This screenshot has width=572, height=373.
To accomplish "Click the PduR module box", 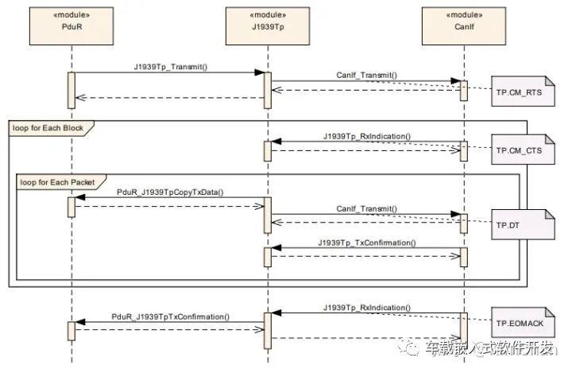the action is pyautogui.click(x=71, y=26).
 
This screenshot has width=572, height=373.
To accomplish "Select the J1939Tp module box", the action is pyautogui.click(x=268, y=26).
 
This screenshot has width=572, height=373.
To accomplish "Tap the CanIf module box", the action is pyautogui.click(x=464, y=26).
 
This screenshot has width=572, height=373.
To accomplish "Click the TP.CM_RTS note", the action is pyautogui.click(x=523, y=91).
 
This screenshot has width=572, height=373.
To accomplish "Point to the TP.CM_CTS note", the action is pyautogui.click(x=523, y=150).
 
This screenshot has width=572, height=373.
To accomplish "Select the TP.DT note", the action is pyautogui.click(x=523, y=224).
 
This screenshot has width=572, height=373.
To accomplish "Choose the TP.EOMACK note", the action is pyautogui.click(x=523, y=322).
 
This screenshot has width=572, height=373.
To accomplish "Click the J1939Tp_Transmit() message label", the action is pyautogui.click(x=171, y=67).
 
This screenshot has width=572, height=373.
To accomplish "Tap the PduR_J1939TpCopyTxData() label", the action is pyautogui.click(x=170, y=192).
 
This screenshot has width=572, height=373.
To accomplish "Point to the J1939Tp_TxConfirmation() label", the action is pyautogui.click(x=366, y=243).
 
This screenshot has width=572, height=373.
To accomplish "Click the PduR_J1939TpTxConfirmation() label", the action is pyautogui.click(x=170, y=317).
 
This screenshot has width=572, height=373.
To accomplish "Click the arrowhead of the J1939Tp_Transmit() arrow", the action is pyautogui.click(x=259, y=72).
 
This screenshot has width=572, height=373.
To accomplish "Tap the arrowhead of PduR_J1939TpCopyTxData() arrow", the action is pyautogui.click(x=80, y=197).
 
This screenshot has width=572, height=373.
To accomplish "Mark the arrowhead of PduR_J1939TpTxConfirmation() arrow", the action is pyautogui.click(x=80, y=322).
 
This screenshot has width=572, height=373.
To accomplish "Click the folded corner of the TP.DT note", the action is pyautogui.click(x=550, y=215).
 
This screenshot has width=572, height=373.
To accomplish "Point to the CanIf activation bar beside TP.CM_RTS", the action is pyautogui.click(x=464, y=91).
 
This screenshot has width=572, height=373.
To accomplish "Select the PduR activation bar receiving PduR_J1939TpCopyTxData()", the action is pyautogui.click(x=71, y=207).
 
